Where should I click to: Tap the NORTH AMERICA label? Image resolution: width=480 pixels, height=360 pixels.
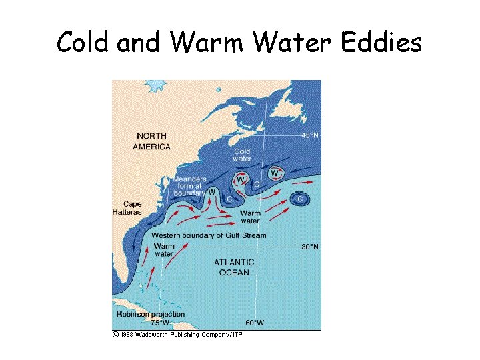[151, 141]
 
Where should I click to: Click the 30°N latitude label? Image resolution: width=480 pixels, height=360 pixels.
[309, 247]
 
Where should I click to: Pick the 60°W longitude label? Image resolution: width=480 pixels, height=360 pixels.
[254, 323]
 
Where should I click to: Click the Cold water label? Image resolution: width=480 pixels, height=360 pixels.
[242, 155]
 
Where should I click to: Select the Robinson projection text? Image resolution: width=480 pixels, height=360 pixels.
[151, 314]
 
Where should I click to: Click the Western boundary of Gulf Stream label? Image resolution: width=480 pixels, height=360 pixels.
[209, 235]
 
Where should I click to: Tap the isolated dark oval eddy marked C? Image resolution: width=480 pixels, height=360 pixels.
[300, 199]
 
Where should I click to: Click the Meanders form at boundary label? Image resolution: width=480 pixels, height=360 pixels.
[189, 187]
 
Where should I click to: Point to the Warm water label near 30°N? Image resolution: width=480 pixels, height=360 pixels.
[163, 250]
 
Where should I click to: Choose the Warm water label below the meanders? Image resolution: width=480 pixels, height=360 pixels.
[250, 217]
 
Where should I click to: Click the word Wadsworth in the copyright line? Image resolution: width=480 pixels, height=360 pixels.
[153, 334]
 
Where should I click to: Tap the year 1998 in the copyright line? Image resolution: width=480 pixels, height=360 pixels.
[127, 334]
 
